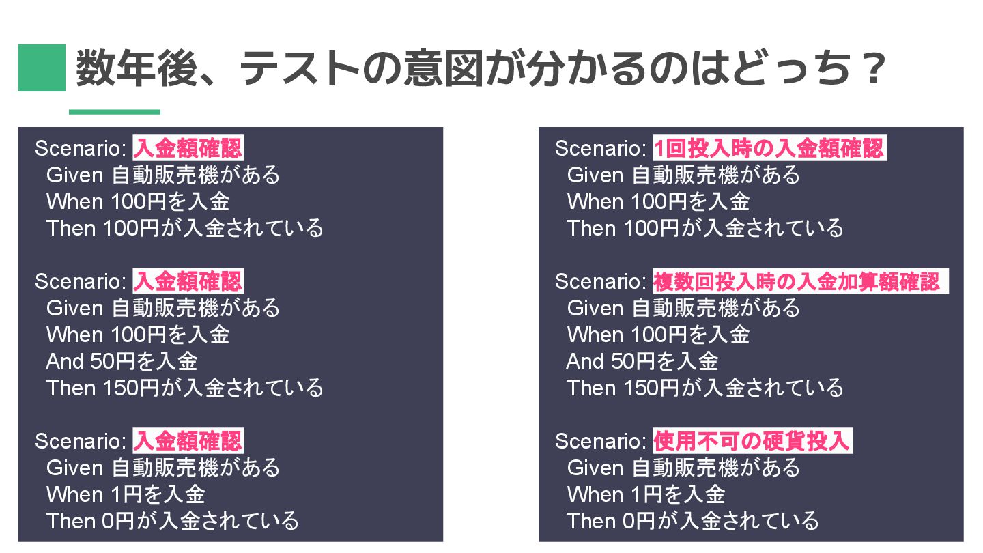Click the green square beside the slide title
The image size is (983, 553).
tap(42, 68)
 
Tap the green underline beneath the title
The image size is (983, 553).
tap(114, 112)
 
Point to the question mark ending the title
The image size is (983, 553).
tap(870, 68)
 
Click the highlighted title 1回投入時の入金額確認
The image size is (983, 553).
tap(769, 148)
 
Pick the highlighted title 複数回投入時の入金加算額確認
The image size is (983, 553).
tap(797, 281)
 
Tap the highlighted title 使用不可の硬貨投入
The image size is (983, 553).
tap(752, 442)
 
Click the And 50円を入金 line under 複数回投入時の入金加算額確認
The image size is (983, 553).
tap(642, 361)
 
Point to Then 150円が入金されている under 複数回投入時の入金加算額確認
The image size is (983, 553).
tap(704, 388)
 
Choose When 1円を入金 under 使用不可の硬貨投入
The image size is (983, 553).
tap(645, 494)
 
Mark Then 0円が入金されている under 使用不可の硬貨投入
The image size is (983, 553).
tap(692, 521)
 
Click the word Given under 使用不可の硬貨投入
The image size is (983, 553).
tap(595, 468)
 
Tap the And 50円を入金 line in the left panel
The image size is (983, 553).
tap(122, 361)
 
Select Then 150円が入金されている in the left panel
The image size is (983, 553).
tap(184, 388)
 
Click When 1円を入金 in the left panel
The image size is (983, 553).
tap(125, 494)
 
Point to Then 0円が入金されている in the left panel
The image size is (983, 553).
tap(172, 521)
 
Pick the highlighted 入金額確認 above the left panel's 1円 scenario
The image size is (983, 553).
tap(188, 442)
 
